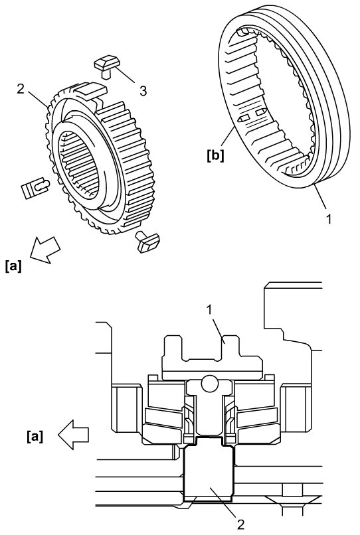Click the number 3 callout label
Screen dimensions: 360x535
click(143, 91)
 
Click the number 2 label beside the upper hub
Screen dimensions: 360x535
click(21, 89)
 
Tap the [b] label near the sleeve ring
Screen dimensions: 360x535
click(215, 156)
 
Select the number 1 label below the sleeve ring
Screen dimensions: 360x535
click(329, 218)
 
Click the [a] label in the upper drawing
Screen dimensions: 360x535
click(14, 266)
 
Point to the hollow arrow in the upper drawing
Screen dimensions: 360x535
click(45, 249)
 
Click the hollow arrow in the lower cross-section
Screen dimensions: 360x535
click(74, 435)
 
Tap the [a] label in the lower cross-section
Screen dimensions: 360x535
click(35, 437)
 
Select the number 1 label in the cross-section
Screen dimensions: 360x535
click(209, 310)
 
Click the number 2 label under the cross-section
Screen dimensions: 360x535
click(241, 524)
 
